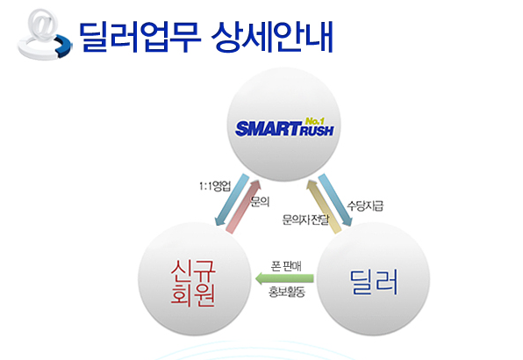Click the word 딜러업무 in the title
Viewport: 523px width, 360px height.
(140, 37)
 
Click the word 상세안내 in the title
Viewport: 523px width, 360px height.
(273, 37)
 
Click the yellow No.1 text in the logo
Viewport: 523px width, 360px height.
(314, 121)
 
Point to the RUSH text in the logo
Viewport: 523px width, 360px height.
(317, 131)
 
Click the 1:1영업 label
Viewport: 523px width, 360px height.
(215, 186)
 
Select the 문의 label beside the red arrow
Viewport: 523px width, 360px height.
(260, 201)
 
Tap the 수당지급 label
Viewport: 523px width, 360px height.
(365, 205)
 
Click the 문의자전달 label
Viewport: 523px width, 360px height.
(305, 220)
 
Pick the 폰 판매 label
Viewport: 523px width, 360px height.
(286, 266)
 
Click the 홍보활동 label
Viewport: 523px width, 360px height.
(287, 292)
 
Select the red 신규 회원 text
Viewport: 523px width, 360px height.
(193, 283)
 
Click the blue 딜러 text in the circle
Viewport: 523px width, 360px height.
(374, 282)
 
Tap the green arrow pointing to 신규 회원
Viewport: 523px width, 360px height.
(284, 278)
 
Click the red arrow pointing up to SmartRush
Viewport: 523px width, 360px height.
(243, 206)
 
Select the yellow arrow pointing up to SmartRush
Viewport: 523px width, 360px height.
(324, 206)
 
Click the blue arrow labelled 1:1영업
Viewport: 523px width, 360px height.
(232, 199)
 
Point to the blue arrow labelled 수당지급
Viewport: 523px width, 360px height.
(335, 199)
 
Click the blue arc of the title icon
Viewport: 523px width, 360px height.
(64, 45)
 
